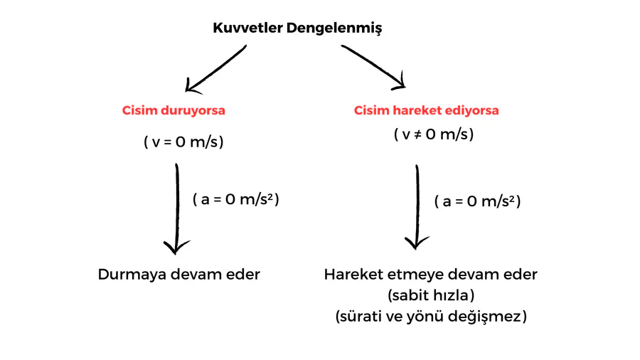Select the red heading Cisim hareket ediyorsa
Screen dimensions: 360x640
point(427,111)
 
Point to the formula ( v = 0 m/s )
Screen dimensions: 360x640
point(183,142)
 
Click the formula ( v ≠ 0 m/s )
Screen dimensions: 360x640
point(434,134)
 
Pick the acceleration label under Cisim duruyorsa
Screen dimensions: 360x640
point(235,199)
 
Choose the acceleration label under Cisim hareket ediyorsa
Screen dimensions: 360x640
point(477,201)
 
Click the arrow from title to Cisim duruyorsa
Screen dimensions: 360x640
point(215,70)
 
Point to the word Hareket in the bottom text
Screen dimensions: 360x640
point(351,275)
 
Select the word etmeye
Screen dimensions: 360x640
point(412,275)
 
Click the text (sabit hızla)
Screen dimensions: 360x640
point(431,295)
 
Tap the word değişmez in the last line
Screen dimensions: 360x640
point(491,317)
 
